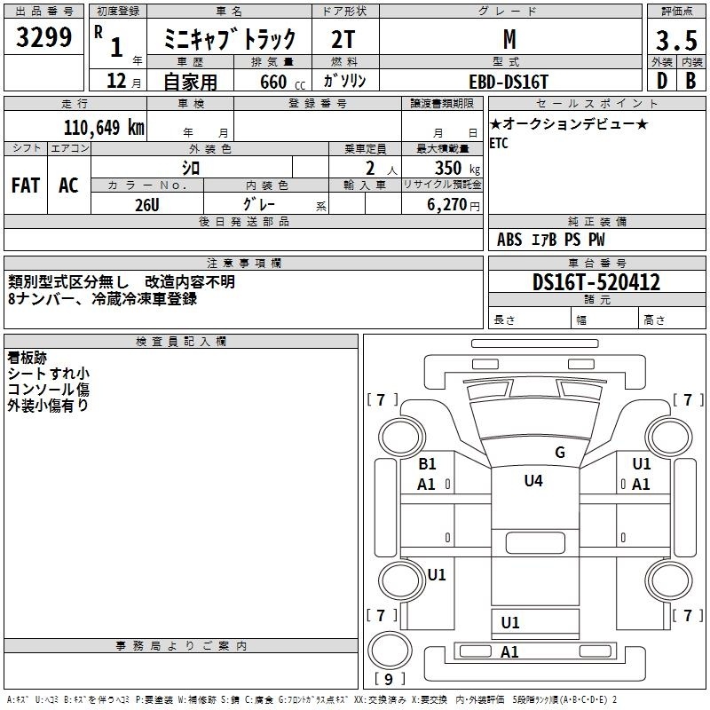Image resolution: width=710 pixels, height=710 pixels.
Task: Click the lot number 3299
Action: point(44,38)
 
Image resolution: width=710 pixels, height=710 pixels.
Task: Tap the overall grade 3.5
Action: point(674,41)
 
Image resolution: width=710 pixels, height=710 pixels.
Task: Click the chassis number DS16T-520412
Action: point(596,283)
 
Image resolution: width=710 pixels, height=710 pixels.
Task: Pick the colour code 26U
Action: point(147,204)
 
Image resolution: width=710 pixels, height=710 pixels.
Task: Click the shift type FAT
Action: point(26,185)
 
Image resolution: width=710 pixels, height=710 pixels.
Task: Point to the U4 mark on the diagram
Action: point(533,481)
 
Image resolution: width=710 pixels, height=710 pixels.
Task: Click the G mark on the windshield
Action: point(559,453)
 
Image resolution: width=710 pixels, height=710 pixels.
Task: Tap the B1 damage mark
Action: point(428,464)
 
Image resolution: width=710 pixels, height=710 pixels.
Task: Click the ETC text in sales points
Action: point(499,143)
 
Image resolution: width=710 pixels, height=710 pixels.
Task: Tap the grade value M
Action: point(509,39)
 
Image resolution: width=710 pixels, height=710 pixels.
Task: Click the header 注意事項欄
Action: point(244,264)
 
